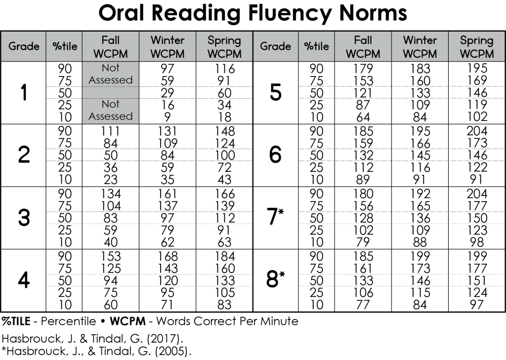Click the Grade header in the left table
(24, 46)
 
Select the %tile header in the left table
(64, 46)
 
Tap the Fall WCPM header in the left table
(111, 46)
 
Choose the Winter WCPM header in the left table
(168, 46)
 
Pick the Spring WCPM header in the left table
(224, 46)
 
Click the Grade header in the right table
(275, 46)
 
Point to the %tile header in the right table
(316, 46)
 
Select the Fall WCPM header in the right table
(363, 46)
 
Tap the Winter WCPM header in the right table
(420, 46)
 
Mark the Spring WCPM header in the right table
(476, 46)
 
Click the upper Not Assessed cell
(111, 74)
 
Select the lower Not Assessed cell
(111, 111)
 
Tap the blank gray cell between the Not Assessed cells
(111, 92)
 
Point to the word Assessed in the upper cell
(111, 80)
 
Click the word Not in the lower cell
(111, 104)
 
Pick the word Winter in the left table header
(168, 40)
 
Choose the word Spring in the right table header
(476, 40)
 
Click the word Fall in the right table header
(363, 40)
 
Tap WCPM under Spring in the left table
(224, 53)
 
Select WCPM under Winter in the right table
(420, 53)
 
